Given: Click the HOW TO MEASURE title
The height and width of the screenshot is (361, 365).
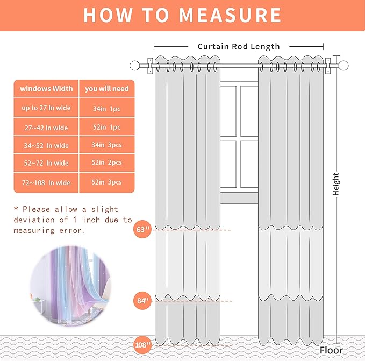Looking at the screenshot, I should click(x=182, y=15).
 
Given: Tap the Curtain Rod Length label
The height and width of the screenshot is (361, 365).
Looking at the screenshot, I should click(x=239, y=47).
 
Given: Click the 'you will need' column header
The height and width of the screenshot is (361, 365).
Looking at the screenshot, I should click(x=106, y=89).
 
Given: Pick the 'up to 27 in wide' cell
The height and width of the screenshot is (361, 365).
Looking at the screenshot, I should click(x=46, y=108).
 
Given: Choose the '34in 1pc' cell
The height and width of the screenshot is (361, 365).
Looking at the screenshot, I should click(x=106, y=109).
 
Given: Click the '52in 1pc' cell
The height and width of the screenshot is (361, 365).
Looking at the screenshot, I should click(x=106, y=128).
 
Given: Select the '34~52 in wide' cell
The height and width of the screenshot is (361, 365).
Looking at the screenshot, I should click(x=46, y=146).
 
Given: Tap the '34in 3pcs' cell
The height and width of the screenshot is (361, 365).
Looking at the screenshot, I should click(x=106, y=146).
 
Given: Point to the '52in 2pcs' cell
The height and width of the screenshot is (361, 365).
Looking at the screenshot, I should click(x=106, y=162).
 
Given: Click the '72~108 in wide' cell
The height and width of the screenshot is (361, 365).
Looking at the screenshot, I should click(x=46, y=183).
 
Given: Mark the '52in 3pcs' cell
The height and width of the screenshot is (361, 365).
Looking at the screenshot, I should click(x=106, y=183).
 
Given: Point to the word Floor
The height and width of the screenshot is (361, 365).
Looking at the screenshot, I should click(x=331, y=350).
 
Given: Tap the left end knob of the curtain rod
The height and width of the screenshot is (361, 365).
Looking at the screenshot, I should click(x=134, y=66).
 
